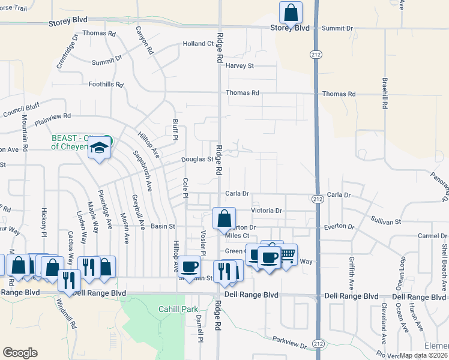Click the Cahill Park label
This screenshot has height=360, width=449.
click(161, 309)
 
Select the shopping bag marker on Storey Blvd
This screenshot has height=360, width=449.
click(291, 13)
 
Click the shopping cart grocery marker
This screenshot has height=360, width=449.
click(287, 254)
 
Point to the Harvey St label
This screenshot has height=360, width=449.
click(240, 65)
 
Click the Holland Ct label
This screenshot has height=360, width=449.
click(198, 44)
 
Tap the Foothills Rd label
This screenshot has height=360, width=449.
click(106, 85)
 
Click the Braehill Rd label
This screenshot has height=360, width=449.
click(384, 93)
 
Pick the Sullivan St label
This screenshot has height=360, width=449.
click(385, 222)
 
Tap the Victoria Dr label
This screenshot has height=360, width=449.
click(267, 211)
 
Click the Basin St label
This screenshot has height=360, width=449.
click(162, 227)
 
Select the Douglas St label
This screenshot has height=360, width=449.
click(197, 160)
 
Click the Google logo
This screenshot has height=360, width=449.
click(20, 353)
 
